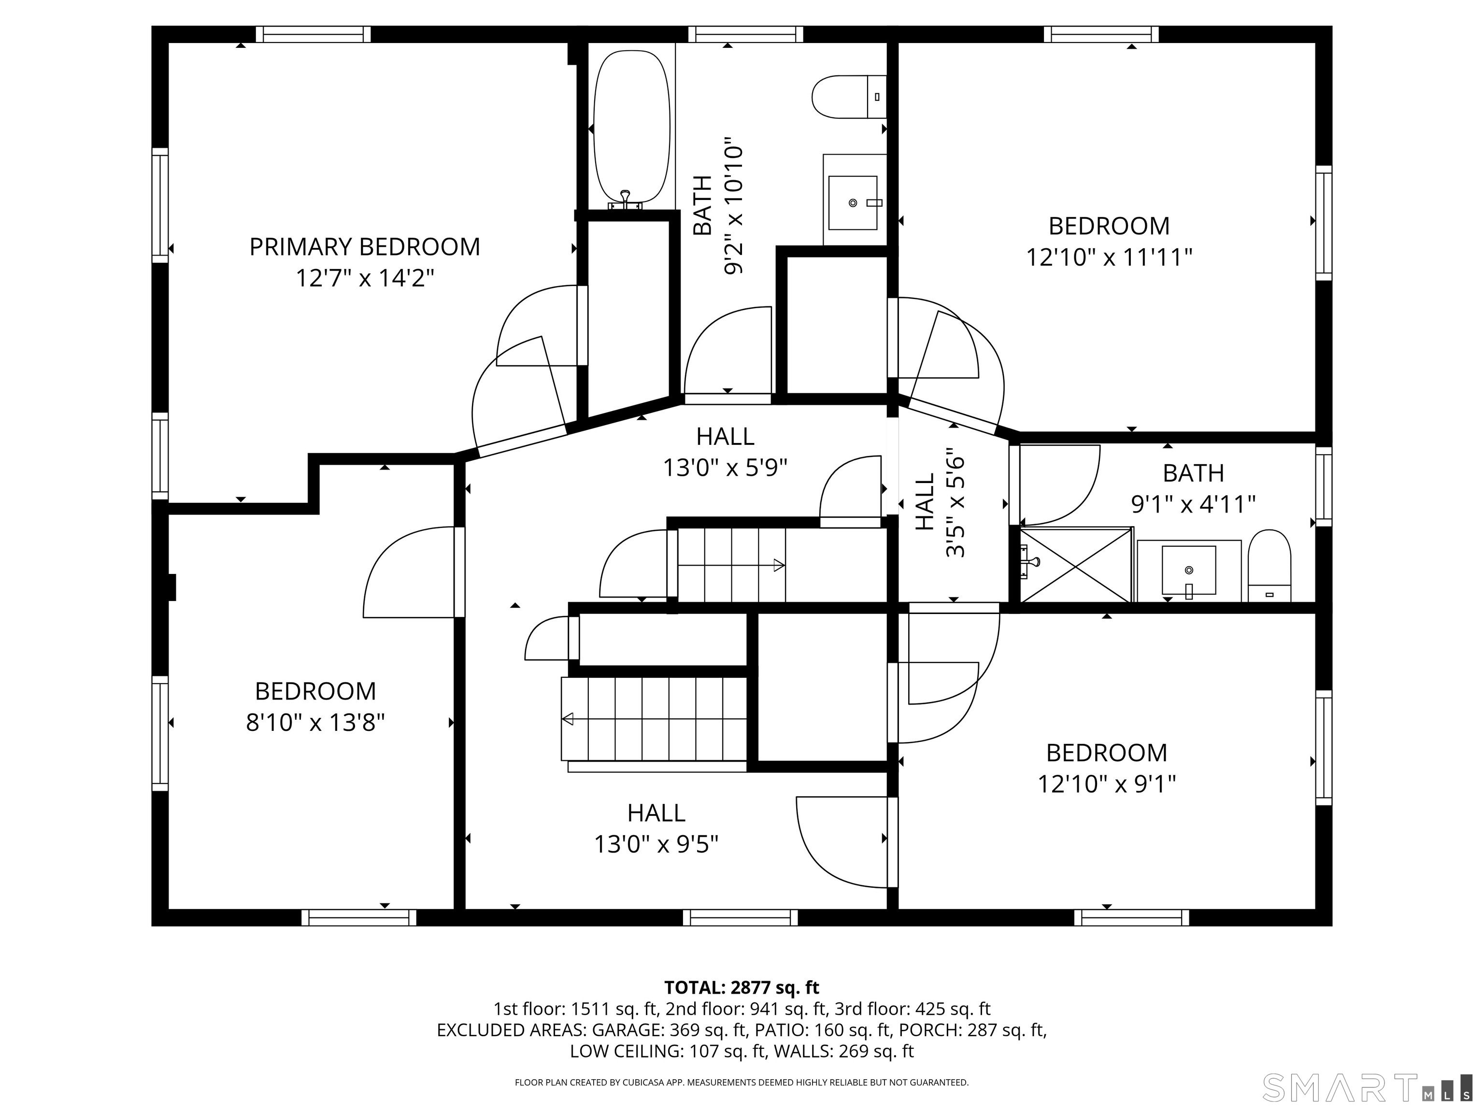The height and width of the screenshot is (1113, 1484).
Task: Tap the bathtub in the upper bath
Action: click(632, 129)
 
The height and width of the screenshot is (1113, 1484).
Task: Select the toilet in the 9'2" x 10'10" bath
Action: click(849, 97)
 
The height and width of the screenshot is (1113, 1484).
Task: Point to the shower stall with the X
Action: click(1075, 565)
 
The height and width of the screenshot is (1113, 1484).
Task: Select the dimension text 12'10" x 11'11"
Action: click(1110, 257)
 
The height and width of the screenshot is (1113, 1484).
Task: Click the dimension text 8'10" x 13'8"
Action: click(315, 723)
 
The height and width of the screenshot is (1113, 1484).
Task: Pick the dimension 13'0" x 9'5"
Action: click(656, 844)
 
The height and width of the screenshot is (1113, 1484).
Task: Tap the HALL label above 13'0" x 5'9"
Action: click(725, 437)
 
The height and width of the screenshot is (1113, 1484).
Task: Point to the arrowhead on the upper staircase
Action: click(780, 565)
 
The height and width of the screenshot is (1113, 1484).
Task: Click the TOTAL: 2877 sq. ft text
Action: click(742, 987)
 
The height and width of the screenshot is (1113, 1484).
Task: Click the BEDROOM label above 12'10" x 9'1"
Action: click(1107, 753)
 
